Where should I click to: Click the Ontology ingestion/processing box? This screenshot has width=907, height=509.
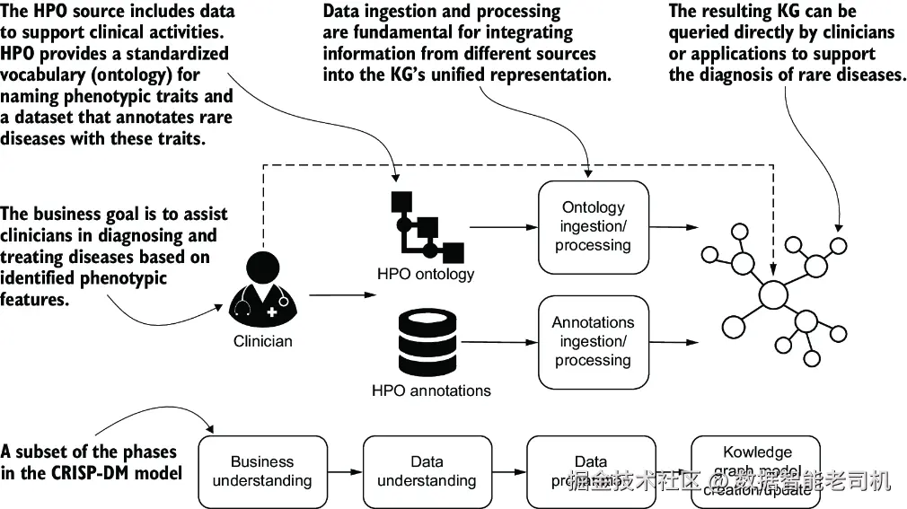pyautogui.click(x=593, y=226)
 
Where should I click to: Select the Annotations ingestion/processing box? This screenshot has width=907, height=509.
pyautogui.click(x=593, y=342)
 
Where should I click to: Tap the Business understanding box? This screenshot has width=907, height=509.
pyautogui.click(x=262, y=471)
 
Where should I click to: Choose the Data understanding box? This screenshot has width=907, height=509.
pyautogui.click(x=427, y=471)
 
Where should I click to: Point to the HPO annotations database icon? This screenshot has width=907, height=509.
pyautogui.click(x=426, y=343)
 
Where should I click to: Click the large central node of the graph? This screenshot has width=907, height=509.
pyautogui.click(x=773, y=295)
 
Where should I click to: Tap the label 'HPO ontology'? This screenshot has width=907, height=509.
pyautogui.click(x=427, y=274)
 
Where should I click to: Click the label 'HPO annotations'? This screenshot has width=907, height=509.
pyautogui.click(x=431, y=391)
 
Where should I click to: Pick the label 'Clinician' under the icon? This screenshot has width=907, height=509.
pyautogui.click(x=263, y=341)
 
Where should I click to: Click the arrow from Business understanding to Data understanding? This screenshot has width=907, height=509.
pyautogui.click(x=345, y=471)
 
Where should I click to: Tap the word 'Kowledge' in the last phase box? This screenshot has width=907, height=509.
pyautogui.click(x=757, y=452)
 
